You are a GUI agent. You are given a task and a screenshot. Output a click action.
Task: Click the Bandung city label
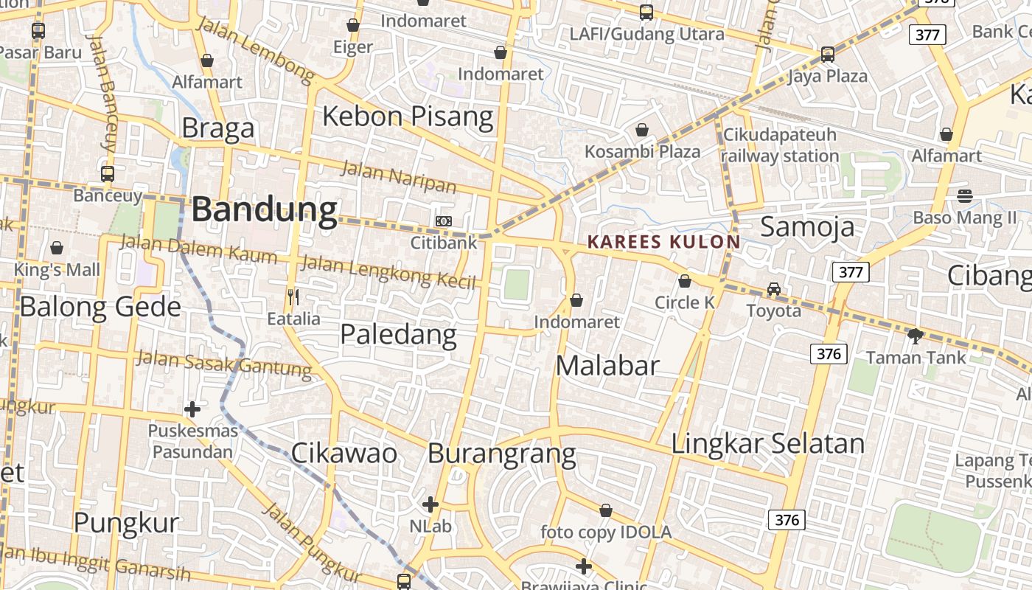[264, 210]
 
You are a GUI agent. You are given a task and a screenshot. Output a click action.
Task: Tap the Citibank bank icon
[444, 221]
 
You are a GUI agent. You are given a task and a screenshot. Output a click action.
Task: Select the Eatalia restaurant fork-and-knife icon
[293, 297]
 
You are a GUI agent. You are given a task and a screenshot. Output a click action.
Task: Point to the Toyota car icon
[773, 289]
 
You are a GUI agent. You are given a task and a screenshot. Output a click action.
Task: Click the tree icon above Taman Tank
[916, 336]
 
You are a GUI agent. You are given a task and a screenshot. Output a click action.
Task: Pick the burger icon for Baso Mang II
[964, 196]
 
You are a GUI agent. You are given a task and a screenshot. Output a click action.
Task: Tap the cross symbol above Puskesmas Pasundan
[192, 409]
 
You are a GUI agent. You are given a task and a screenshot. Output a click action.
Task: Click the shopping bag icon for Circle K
[685, 281]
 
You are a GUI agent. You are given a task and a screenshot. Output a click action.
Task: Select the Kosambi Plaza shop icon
[642, 131]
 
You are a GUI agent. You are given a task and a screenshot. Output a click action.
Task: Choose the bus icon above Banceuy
[108, 174]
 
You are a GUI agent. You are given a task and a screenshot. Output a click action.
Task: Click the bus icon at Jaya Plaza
[828, 54]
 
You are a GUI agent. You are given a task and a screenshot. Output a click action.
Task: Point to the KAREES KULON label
[663, 242]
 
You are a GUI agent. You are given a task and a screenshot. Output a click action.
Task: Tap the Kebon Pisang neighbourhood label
[408, 117]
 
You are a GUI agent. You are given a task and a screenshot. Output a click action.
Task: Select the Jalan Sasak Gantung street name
[225, 364]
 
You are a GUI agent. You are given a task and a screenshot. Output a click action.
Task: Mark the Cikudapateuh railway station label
[780, 145]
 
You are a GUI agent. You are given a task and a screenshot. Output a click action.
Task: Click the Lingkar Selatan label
[767, 444]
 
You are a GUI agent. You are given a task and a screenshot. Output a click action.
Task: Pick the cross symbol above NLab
[430, 505]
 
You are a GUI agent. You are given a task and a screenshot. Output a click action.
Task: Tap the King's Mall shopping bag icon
[57, 249]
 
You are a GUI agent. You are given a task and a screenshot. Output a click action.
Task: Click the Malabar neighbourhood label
[607, 365]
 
